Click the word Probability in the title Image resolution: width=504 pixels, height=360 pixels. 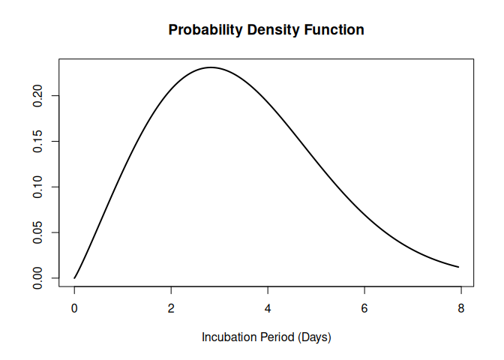(x=201, y=31)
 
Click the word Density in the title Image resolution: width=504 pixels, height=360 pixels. (x=262, y=31)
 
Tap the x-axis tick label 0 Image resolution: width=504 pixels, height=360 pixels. (x=74, y=308)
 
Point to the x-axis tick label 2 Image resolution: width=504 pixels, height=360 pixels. (x=171, y=308)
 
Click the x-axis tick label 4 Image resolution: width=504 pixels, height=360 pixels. (x=268, y=308)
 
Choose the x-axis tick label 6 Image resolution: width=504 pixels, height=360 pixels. (x=364, y=308)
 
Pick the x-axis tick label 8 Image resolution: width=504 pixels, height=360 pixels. (x=461, y=308)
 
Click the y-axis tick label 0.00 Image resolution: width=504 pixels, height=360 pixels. (x=38, y=278)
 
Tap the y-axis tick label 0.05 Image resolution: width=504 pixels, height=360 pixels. (x=38, y=232)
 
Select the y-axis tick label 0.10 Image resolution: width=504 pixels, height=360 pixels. (x=38, y=187)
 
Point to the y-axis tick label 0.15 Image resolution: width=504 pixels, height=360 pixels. (x=38, y=141)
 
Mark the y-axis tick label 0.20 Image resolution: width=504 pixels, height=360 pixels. (x=38, y=95)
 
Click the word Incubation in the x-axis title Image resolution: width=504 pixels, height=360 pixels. (x=228, y=337)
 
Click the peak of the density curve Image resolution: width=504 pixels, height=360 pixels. (x=211, y=67)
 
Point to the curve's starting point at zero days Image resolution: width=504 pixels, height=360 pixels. (x=74, y=278)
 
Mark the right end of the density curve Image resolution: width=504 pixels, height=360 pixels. (x=458, y=267)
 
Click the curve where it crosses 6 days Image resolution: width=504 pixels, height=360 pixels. (x=364, y=214)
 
